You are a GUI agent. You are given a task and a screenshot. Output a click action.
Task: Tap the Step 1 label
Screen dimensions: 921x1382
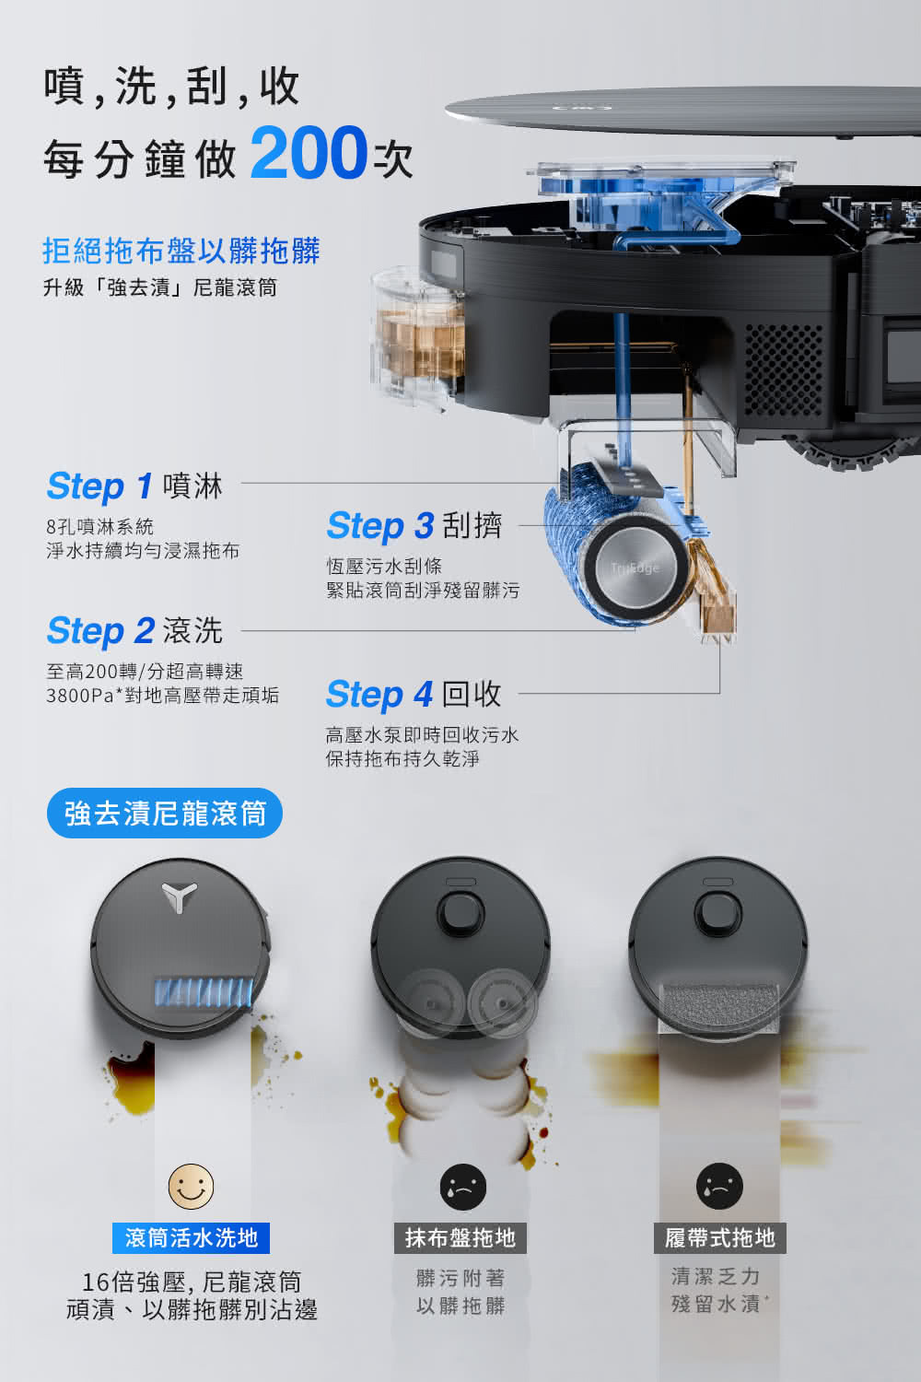pos(99,486)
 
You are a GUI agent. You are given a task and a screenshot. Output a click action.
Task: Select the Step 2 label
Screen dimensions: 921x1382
pos(100,631)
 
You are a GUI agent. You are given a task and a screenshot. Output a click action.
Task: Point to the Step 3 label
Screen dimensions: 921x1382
pos(380,526)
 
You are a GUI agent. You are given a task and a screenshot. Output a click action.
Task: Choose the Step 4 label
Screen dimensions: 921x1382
pos(379,694)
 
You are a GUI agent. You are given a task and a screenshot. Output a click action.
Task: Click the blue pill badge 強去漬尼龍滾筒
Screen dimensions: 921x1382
pos(165,813)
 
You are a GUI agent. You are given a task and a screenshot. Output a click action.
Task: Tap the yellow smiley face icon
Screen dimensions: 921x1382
pos(192,1187)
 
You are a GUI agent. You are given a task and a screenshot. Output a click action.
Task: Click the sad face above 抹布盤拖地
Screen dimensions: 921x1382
pos(463,1187)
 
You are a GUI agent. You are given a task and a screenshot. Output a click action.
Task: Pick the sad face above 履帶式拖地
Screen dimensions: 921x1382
pos(719,1186)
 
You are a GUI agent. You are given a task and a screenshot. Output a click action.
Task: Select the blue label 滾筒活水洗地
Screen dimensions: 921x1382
pos(192,1237)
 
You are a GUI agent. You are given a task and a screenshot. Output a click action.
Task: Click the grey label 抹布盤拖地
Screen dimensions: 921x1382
pos(460,1237)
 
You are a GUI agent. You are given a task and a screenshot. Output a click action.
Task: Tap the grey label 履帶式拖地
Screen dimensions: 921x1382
pos(720,1237)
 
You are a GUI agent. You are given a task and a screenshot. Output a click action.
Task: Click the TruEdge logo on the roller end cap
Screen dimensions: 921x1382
pos(635,568)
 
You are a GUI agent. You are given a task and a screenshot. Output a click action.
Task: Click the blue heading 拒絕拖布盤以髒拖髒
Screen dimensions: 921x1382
pos(181,251)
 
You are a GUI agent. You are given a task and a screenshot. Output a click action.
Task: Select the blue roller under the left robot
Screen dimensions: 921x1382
pos(204,992)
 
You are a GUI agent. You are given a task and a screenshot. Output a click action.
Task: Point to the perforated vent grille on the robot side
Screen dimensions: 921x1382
pos(784,370)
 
